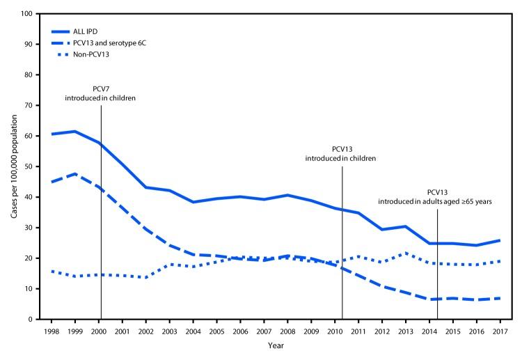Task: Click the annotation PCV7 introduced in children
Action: [102, 93]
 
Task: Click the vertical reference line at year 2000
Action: [102, 209]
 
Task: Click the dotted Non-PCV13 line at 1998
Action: [51, 271]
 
